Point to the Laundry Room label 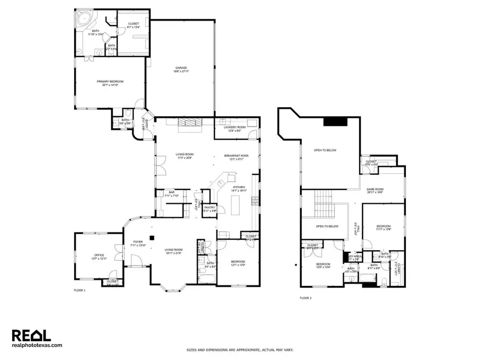[x=237, y=128]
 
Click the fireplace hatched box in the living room [x=190, y=124]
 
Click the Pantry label [x=210, y=209]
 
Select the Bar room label [x=171, y=194]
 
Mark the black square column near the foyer [x=151, y=238]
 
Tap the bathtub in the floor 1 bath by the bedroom [x=206, y=276]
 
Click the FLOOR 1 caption [x=79, y=291]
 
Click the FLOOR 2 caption [x=305, y=298]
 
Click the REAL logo [x=31, y=335]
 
